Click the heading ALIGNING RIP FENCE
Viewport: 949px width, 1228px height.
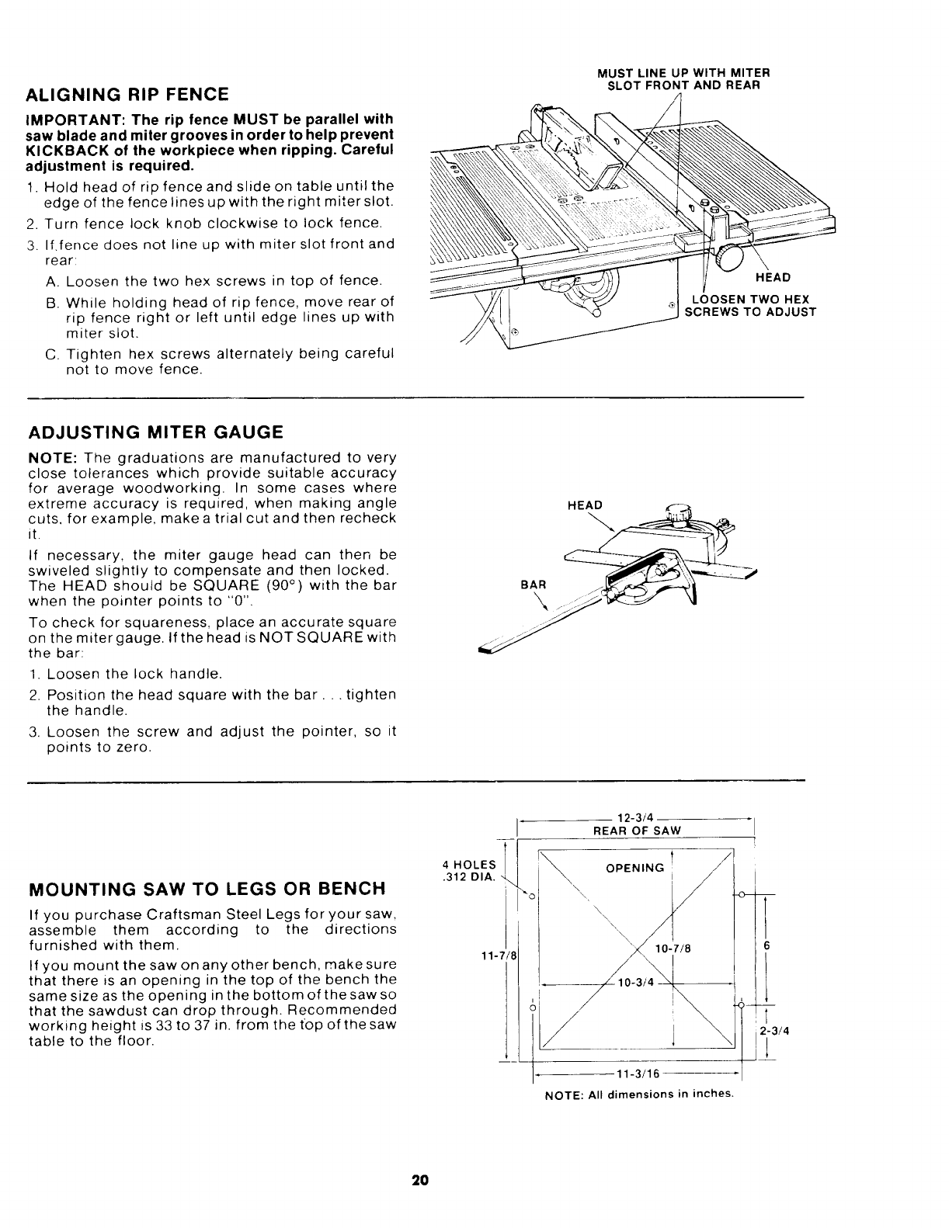coord(128,95)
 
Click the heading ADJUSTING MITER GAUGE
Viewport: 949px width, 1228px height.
coord(155,432)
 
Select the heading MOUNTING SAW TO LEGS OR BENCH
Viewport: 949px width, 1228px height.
coord(207,888)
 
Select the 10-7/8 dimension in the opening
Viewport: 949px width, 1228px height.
coord(673,949)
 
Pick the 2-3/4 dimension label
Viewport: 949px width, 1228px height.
coord(771,1032)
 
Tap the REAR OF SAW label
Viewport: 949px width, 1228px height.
coord(637,831)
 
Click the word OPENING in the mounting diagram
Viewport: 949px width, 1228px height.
coord(635,868)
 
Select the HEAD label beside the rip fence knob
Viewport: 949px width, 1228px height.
coord(773,278)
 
